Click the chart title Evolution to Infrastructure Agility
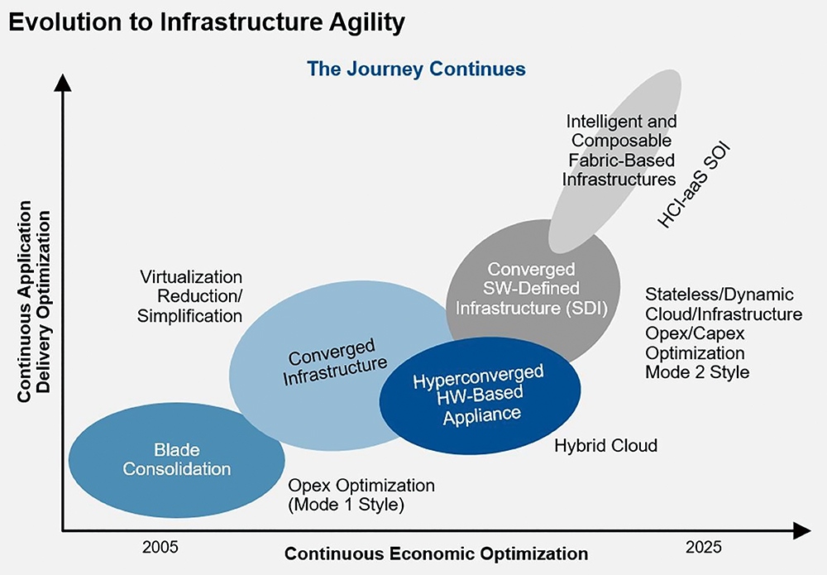207,22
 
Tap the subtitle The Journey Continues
416,69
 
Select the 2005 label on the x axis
160,547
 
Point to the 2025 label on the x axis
703,547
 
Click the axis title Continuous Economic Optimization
436,553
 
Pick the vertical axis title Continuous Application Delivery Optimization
34,301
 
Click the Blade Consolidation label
177,459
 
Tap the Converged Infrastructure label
334,362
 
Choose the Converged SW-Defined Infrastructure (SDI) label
532,288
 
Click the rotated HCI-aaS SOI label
694,184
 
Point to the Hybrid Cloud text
605,446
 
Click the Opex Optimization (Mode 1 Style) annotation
361,495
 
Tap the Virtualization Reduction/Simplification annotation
190,296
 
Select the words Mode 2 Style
697,372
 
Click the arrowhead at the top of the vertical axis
63,83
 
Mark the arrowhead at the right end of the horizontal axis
801,530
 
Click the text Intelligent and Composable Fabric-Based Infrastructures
619,151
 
